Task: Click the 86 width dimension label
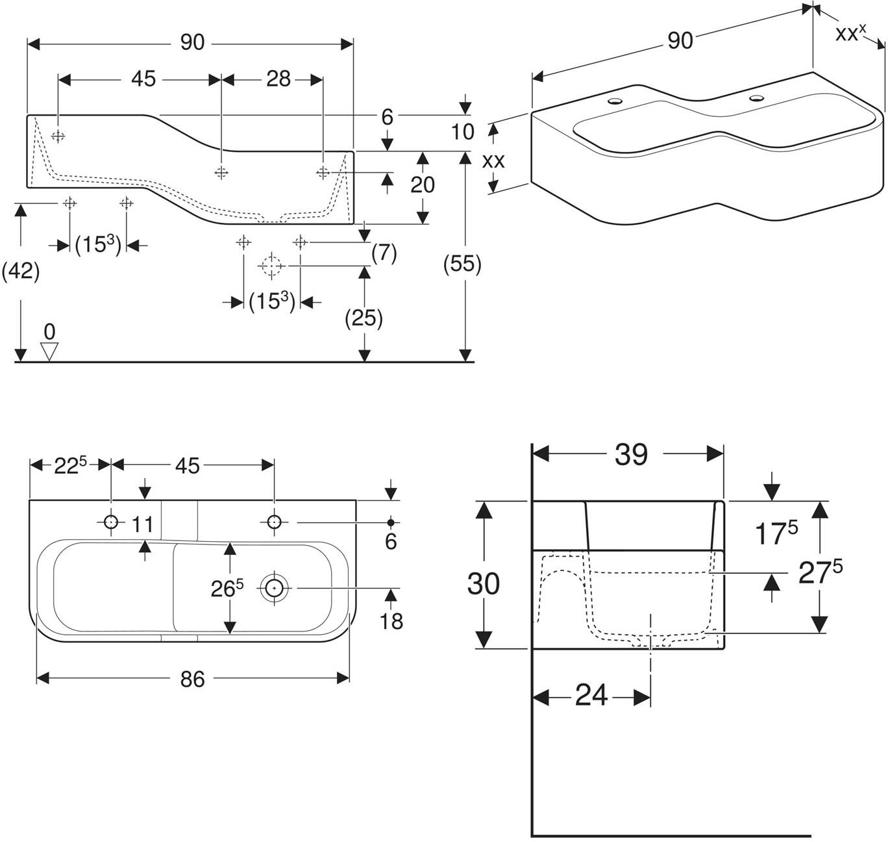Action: [x=192, y=679]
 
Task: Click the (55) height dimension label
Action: [x=462, y=263]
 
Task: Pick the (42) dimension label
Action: [x=21, y=271]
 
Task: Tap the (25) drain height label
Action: [x=364, y=318]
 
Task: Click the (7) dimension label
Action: [x=384, y=253]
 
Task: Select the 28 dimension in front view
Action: [x=278, y=79]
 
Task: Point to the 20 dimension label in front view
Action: [x=423, y=185]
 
